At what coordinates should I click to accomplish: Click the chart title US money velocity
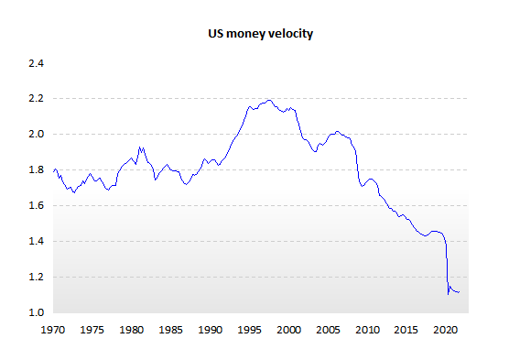pyautogui.click(x=260, y=34)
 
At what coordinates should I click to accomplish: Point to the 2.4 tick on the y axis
pyautogui.click(x=36, y=63)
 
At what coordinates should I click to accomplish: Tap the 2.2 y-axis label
pyautogui.click(x=36, y=98)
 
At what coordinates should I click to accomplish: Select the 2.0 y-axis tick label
pyautogui.click(x=36, y=134)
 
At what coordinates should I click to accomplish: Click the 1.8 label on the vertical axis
pyautogui.click(x=36, y=170)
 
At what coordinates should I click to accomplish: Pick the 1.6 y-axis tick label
pyautogui.click(x=36, y=206)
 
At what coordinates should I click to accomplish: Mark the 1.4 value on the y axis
pyautogui.click(x=36, y=242)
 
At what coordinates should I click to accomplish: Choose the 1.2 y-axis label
pyautogui.click(x=36, y=278)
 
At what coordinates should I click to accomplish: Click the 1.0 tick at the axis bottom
pyautogui.click(x=36, y=312)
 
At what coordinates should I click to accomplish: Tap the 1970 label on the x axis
pyautogui.click(x=52, y=330)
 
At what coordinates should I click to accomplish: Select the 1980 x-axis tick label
pyautogui.click(x=132, y=330)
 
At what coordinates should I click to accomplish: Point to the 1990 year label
pyautogui.click(x=210, y=330)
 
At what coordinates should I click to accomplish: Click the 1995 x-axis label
pyautogui.click(x=249, y=330)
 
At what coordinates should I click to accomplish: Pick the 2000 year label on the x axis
pyautogui.click(x=288, y=330)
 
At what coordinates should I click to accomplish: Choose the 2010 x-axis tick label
pyautogui.click(x=367, y=330)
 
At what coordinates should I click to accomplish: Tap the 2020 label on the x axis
pyautogui.click(x=445, y=330)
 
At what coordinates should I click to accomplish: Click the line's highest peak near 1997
pyautogui.click(x=269, y=100)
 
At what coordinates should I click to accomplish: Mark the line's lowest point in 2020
pyautogui.click(x=449, y=294)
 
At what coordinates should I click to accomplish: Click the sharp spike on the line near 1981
pyautogui.click(x=139, y=147)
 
